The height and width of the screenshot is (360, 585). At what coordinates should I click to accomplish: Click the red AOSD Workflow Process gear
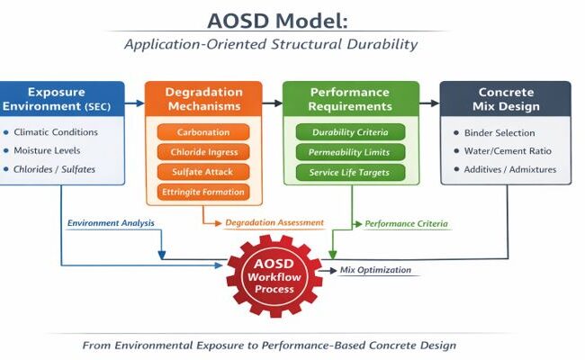[x=274, y=276]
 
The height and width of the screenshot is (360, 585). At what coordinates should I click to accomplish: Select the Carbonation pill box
[x=203, y=132]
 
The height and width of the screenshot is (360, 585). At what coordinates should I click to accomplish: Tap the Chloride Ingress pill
[x=203, y=152]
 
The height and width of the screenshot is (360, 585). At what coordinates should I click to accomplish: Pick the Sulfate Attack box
[x=203, y=172]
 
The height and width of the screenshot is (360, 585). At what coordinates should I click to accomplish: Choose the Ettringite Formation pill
[x=203, y=192]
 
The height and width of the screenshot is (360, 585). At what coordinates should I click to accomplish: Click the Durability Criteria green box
[x=350, y=132]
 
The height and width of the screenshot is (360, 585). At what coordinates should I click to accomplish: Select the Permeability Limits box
[x=350, y=152]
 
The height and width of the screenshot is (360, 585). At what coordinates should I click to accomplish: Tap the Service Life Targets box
[x=350, y=173]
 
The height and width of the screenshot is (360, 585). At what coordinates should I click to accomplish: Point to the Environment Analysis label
[x=111, y=223]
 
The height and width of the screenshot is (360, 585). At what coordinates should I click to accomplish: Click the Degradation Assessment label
[x=274, y=222]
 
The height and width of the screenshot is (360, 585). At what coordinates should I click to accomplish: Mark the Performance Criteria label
[x=406, y=224]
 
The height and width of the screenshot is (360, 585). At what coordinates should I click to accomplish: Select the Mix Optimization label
[x=375, y=270]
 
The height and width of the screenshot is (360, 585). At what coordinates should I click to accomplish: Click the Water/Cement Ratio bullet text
[x=508, y=151]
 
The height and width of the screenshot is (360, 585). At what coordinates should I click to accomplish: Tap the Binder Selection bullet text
[x=499, y=133]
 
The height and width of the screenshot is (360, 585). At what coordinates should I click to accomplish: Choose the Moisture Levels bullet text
[x=47, y=150]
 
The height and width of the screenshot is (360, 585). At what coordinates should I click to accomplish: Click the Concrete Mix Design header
[x=506, y=99]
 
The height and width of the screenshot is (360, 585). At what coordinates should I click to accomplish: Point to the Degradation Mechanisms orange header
[x=203, y=99]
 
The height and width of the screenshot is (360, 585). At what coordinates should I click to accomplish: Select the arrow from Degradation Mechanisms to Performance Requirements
[x=273, y=103]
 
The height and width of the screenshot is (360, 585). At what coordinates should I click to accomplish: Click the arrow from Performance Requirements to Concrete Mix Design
[x=430, y=103]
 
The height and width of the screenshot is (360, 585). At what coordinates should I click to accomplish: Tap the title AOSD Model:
[x=277, y=21]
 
